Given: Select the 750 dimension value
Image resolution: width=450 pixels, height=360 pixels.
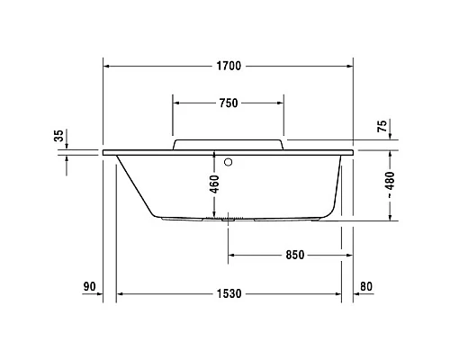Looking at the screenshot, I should [x=229, y=103].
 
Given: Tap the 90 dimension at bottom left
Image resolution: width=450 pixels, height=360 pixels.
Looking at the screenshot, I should [x=89, y=287].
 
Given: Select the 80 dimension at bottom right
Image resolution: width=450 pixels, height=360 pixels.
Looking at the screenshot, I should [x=364, y=287].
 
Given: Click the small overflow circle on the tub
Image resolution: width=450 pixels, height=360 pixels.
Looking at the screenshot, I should [x=230, y=163].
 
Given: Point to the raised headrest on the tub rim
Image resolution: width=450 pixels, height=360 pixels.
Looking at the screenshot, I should [x=229, y=144].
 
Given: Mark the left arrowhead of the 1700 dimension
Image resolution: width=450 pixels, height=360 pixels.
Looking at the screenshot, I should [x=108, y=66].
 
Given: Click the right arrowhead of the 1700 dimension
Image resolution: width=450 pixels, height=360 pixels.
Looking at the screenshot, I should [x=347, y=66].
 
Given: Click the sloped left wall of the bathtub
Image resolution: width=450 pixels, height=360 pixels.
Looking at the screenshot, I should [x=134, y=185].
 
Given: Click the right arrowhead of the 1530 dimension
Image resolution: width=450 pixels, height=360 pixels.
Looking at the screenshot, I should [x=337, y=293].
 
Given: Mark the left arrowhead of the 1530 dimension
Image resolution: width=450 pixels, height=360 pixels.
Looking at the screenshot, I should [x=121, y=293].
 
